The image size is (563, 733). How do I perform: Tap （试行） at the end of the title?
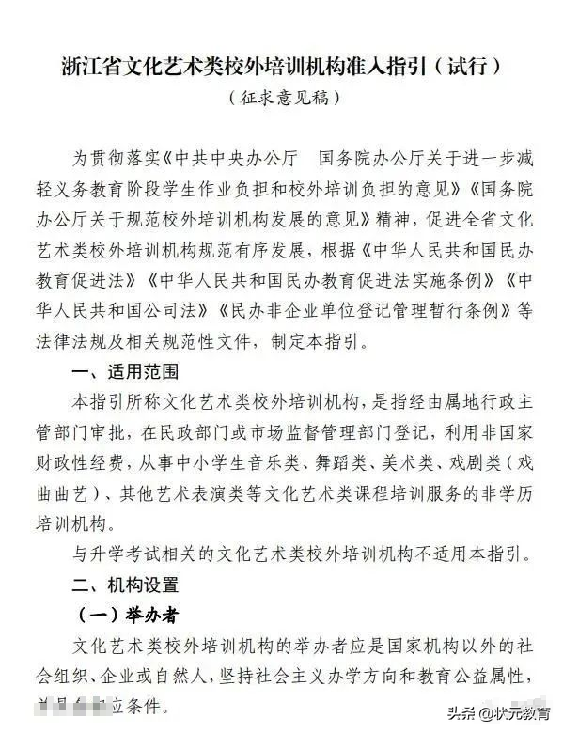(470, 67)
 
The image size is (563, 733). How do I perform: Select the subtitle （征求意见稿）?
(281, 96)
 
